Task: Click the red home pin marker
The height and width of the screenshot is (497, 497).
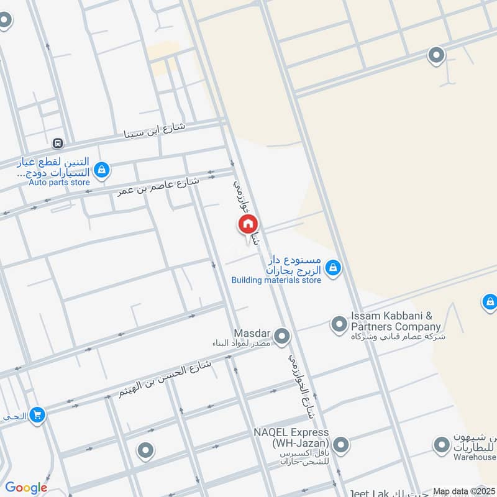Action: point(247,224)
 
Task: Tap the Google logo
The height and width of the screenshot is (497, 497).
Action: point(26,488)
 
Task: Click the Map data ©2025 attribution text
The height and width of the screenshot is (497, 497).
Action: point(463,491)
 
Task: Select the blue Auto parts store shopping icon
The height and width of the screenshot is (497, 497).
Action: point(103,169)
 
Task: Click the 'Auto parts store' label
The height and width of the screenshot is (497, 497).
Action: point(60,183)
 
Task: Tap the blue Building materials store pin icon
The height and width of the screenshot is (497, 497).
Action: point(334,267)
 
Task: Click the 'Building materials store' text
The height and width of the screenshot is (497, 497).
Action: point(276,281)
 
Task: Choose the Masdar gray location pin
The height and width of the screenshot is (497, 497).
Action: point(282,336)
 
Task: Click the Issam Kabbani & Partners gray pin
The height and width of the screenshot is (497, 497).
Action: point(339,324)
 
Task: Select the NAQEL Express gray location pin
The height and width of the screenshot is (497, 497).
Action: point(340,444)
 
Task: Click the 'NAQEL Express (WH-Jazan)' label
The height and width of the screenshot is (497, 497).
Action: point(291,438)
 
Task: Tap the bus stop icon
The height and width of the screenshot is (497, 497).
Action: point(58,143)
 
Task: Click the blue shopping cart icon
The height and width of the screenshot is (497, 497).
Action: point(38,414)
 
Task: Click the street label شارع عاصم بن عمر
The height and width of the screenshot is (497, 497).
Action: point(158,186)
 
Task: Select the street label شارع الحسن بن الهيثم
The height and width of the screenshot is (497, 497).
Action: point(165,380)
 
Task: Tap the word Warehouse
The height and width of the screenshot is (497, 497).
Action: point(475,458)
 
